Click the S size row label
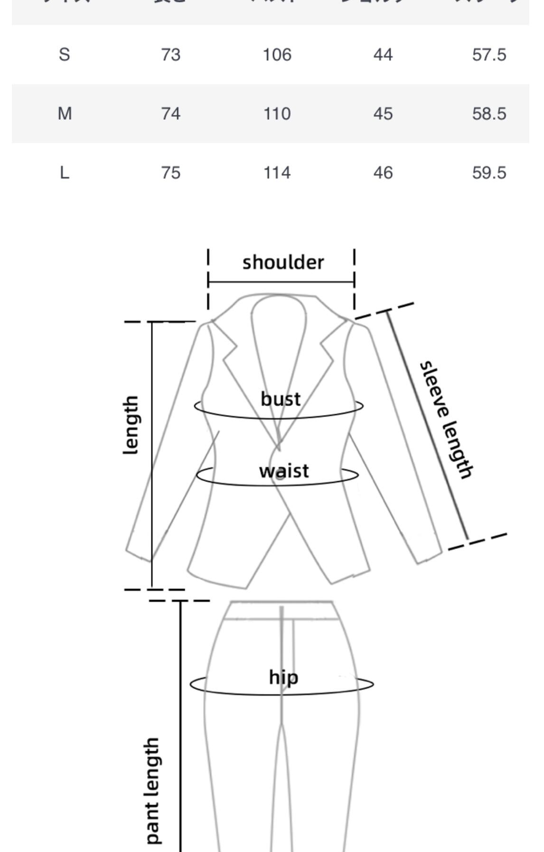coord(64,55)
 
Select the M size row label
coord(65,114)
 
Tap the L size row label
coord(65,172)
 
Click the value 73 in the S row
coord(170,55)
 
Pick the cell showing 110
coord(277,114)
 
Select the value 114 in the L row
coord(277,172)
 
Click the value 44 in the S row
coord(383,55)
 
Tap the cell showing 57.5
coord(489,55)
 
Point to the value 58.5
coord(489,114)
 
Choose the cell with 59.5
coord(489,172)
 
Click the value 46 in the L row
coord(383,172)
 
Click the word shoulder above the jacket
coord(283,262)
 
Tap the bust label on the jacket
coord(281,399)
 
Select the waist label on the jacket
coord(284,471)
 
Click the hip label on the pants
coord(283,677)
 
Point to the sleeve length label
coord(446,420)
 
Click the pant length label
coord(152,791)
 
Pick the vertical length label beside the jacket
coord(131,425)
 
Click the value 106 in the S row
coord(277,55)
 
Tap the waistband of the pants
coord(282,610)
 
